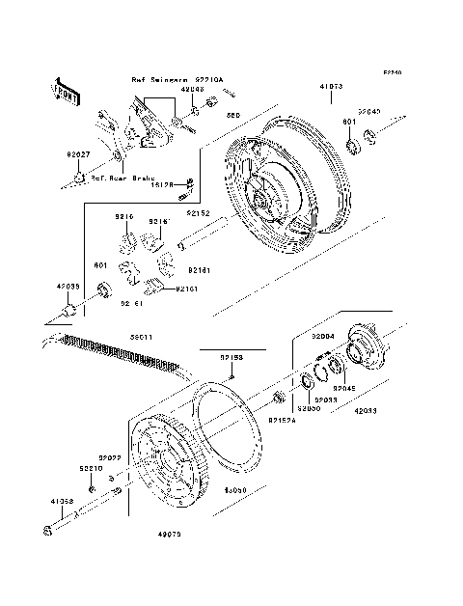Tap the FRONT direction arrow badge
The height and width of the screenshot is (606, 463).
point(67,92)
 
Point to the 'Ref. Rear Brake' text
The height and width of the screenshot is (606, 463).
point(123,178)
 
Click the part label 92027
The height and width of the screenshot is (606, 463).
point(78,153)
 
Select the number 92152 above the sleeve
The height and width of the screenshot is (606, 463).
point(199,212)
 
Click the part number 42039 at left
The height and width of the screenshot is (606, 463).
point(68,287)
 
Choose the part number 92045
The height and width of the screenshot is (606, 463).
point(345,389)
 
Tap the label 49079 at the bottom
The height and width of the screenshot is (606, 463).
point(171,530)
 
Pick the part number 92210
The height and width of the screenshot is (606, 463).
point(90,467)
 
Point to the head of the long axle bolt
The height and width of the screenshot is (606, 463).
point(48,529)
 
